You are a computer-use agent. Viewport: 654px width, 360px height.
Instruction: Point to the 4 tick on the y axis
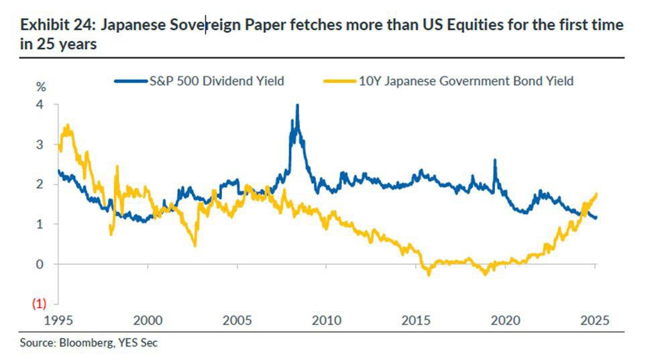point(40,105)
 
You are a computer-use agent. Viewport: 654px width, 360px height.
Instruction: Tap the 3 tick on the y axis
point(40,144)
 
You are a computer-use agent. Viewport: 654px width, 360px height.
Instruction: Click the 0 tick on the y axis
point(40,264)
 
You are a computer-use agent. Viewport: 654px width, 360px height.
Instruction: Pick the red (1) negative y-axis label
point(39,303)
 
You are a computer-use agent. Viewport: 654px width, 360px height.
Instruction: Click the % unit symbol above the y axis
point(41,87)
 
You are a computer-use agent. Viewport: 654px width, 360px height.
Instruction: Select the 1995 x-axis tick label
point(58,320)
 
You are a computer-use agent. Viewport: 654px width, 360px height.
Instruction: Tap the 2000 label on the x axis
point(148,320)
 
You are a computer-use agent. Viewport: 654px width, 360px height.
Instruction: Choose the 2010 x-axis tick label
point(327,320)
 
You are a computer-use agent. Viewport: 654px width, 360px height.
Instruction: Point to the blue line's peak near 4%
point(297,105)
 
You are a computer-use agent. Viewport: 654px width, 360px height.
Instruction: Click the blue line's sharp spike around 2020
point(494,160)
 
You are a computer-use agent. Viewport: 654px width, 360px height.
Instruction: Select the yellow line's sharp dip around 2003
point(195,245)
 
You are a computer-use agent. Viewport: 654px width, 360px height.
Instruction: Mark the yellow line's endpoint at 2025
point(596,194)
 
